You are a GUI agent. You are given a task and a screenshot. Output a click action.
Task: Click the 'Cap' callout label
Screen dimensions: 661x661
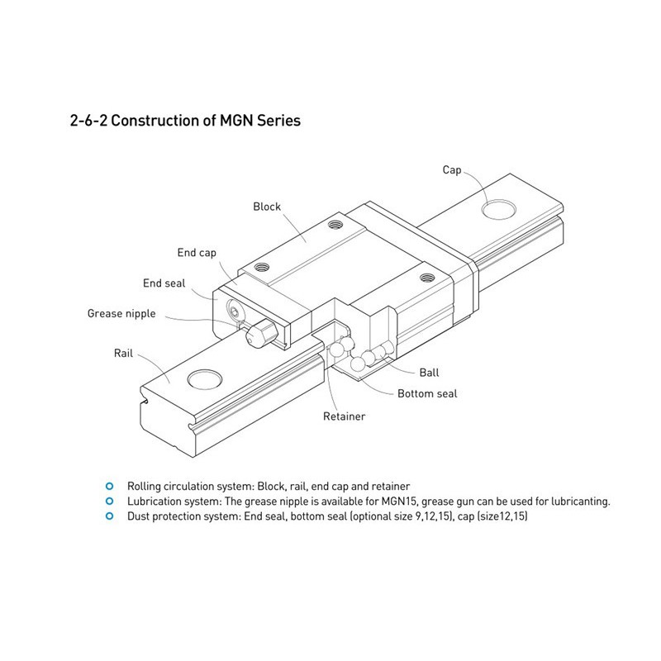coord(452,170)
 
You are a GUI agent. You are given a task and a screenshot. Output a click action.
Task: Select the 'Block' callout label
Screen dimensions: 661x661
coord(267,207)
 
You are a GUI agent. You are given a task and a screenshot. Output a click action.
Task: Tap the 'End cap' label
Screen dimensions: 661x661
coord(197,253)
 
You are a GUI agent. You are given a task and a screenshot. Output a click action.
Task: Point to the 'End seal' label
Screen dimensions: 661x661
coord(164,283)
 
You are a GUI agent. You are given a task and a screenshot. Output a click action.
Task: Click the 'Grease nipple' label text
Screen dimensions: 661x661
coord(121,314)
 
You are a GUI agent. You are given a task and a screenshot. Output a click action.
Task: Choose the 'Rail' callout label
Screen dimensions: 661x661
coord(123,354)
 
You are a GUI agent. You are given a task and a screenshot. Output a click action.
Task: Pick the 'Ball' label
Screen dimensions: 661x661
coord(429,373)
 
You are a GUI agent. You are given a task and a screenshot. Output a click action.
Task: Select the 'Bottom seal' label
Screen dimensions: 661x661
coord(427,394)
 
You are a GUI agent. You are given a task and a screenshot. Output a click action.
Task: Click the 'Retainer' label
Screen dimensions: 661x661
coord(344,416)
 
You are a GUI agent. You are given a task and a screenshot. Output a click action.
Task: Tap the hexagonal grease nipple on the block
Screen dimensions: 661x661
coord(260,332)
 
